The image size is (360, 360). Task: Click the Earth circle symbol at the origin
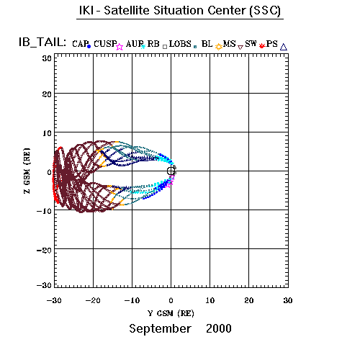[x=171, y=171]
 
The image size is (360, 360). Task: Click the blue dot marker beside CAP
[x=89, y=47]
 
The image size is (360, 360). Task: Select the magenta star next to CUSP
[x=120, y=47]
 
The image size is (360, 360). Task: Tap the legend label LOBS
[x=180, y=44]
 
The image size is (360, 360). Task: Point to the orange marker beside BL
[x=218, y=47]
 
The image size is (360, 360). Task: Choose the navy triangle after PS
[x=284, y=47]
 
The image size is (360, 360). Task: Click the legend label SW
[x=251, y=44]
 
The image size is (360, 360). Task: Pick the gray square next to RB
[x=165, y=47]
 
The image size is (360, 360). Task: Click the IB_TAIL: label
[x=42, y=42]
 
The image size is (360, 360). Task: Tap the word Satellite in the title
[x=127, y=11]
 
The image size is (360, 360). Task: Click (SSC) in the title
[x=265, y=11]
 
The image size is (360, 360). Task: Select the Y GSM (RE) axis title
[x=171, y=313]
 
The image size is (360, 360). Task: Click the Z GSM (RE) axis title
[x=27, y=171]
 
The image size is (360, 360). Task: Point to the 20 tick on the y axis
[x=47, y=94]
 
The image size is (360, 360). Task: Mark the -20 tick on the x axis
[x=93, y=300]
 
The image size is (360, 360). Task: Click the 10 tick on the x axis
[x=210, y=300]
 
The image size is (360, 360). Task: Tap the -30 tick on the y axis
[x=44, y=285]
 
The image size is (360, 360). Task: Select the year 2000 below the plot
[x=219, y=328]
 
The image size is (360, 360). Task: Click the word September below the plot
[x=160, y=329]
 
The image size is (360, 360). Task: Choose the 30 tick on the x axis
[x=288, y=300]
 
